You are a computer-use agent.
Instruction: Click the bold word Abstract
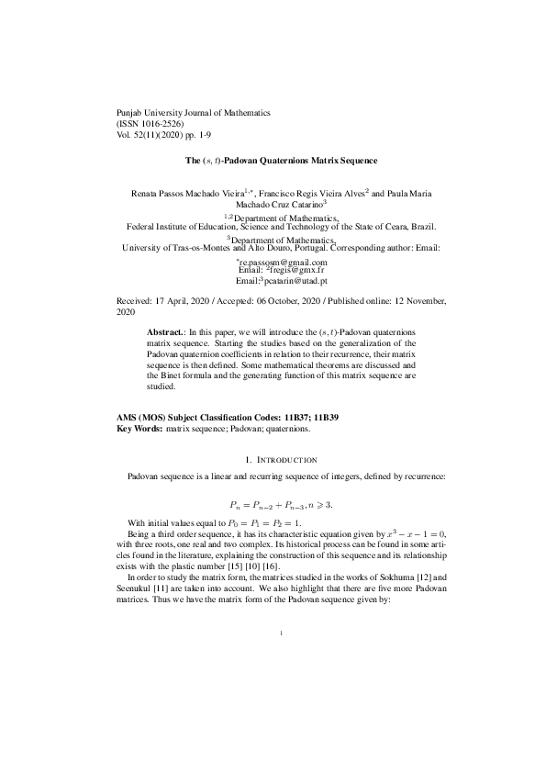(166, 329)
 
